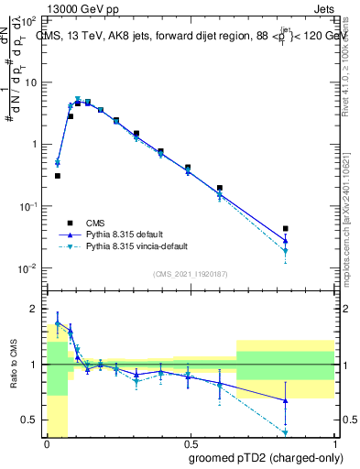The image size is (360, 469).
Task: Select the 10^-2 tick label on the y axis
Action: click(x=27, y=268)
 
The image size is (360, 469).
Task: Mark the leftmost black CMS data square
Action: click(x=58, y=175)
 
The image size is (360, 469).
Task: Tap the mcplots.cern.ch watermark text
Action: click(x=353, y=211)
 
